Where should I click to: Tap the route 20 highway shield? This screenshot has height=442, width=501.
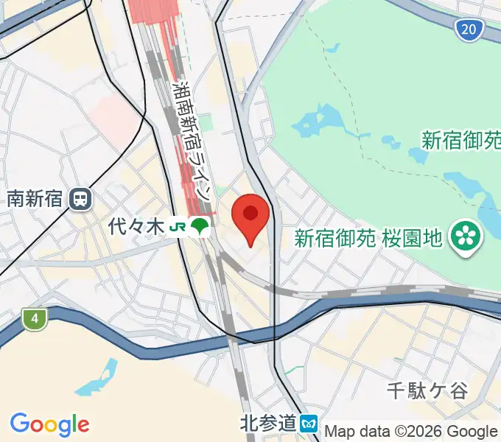[x=469, y=29]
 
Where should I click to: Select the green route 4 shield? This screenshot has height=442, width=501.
[x=34, y=319]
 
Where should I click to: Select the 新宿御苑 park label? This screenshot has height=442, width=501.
[x=460, y=139]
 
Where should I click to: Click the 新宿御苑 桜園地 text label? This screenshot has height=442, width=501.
[x=368, y=237]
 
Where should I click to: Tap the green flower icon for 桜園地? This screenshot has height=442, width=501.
[x=466, y=236]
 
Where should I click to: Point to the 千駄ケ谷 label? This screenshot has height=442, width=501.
[x=428, y=390]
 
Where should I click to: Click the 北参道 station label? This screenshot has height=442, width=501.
[x=268, y=423]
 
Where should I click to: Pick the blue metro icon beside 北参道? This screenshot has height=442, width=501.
[x=310, y=424]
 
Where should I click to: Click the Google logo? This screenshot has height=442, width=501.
[x=49, y=424]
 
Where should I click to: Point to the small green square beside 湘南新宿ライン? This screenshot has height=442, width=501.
[x=209, y=122]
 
